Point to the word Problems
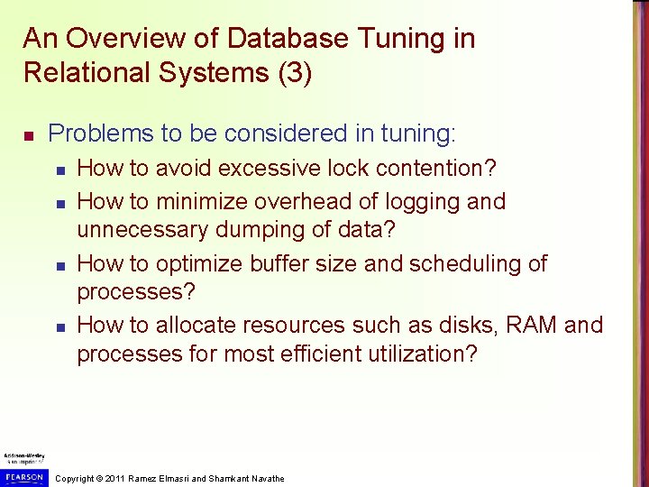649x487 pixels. [x=100, y=134]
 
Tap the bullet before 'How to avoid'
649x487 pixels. [x=59, y=170]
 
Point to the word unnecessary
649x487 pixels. [x=142, y=230]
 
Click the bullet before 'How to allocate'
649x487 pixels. [x=59, y=326]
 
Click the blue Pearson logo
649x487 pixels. [x=23, y=476]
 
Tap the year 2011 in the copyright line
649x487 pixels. [x=114, y=478]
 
